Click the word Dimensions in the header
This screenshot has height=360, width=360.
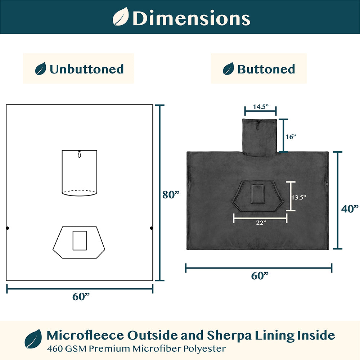tap(191, 18)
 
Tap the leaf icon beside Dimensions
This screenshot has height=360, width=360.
tap(121, 16)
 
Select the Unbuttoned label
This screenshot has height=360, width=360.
tap(86, 69)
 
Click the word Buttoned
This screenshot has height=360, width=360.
tap(266, 69)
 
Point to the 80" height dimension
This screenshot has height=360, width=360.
tap(171, 195)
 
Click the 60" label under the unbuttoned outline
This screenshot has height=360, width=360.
tap(81, 296)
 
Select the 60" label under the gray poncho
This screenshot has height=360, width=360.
tap(260, 275)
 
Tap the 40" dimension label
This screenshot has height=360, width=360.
tap(350, 209)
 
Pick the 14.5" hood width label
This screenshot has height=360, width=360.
tap(261, 107)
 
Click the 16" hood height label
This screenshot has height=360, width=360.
tap(291, 137)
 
